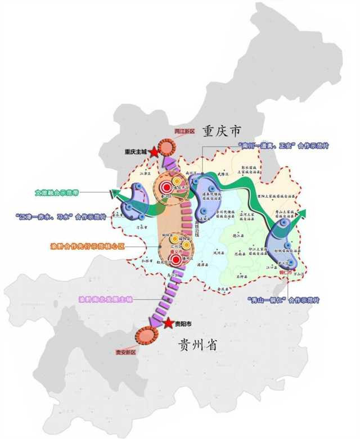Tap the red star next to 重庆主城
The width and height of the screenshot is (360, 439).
154,152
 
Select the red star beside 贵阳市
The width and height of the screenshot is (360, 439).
167,323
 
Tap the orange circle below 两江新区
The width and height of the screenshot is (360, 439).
167,147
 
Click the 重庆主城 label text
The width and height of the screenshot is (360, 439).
136,152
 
